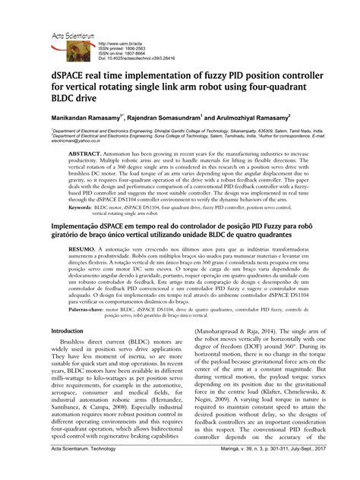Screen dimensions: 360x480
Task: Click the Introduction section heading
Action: click(x=70, y=332)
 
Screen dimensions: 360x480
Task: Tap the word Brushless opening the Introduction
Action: click(x=82, y=344)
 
